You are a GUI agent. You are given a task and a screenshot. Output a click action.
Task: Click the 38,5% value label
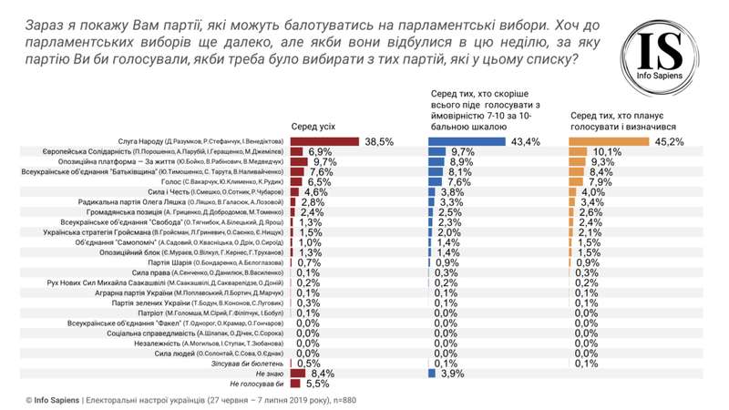pyautogui.click(x=379, y=141)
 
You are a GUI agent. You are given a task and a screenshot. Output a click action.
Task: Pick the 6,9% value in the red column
pyautogui.click(x=320, y=151)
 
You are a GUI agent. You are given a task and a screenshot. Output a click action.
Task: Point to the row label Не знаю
pyautogui.click(x=271, y=374)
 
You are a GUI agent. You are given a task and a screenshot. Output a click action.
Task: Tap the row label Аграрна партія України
pyautogui.click(x=206, y=292)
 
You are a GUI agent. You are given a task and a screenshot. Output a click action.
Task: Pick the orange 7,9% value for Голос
pyautogui.click(x=601, y=181)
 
